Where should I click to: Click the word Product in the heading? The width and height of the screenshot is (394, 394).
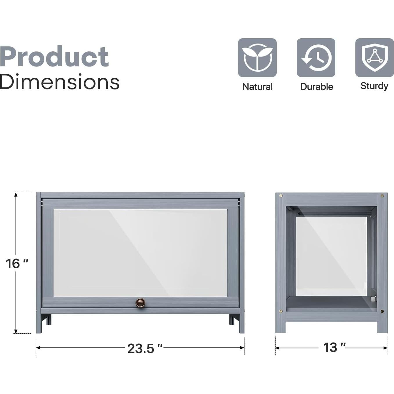coord(54,57)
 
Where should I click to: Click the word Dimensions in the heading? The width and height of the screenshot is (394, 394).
coord(60,82)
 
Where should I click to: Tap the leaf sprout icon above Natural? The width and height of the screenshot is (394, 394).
coord(257,57)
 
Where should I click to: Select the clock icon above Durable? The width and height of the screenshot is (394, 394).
coord(316,57)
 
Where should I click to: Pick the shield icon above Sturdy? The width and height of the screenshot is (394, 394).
coord(375,57)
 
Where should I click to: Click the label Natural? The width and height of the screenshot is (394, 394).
coord(257,87)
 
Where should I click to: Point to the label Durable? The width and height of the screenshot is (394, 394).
coord(316,87)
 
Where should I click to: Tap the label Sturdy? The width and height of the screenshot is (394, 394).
coord(374,86)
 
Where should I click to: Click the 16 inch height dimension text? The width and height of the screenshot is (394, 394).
coord(17,264)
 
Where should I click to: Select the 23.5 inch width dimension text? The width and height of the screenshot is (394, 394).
coord(145,348)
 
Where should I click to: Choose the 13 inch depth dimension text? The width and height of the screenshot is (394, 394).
coord(334,348)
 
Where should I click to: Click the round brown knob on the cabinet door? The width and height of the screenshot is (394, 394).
coord(140,303)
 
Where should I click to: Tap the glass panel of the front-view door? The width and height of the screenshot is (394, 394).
coord(140,253)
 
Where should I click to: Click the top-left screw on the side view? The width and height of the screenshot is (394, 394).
coord(281,196)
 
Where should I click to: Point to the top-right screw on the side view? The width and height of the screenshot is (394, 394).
coord(382,196)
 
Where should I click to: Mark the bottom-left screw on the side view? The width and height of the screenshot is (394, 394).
coord(281,311)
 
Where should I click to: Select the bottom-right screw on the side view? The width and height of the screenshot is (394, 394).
coord(382,311)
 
